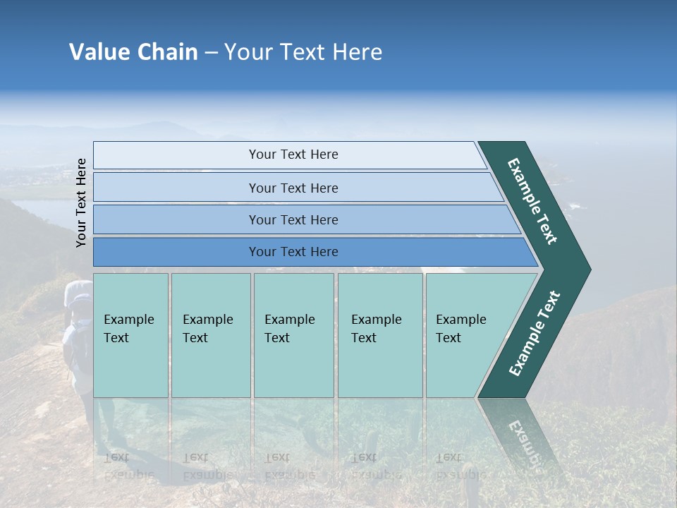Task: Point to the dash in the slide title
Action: [x=211, y=53]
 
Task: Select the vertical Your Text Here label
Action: [x=82, y=202]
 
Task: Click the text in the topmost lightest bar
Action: [x=293, y=155]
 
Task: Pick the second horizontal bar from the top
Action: [x=293, y=188]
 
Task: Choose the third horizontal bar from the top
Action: [x=293, y=219]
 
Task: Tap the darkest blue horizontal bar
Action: [x=293, y=252]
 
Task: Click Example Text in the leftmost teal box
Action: [x=128, y=329]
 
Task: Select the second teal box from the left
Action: [x=210, y=335]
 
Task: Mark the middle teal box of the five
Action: [x=293, y=335]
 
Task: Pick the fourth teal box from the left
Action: [x=379, y=335]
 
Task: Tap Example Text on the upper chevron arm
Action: [x=532, y=201]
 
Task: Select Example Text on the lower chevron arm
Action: [x=535, y=334]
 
